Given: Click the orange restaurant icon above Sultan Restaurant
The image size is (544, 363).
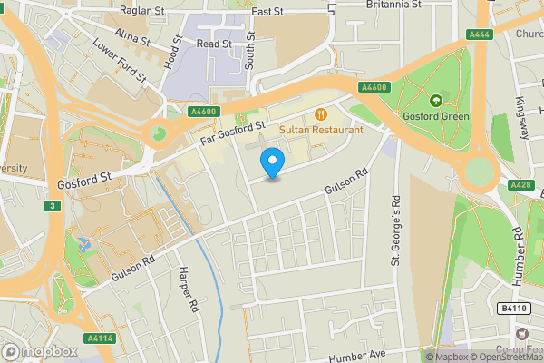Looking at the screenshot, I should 320,113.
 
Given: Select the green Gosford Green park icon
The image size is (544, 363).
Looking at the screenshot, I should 436,100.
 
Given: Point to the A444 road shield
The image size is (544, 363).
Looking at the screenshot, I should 480,34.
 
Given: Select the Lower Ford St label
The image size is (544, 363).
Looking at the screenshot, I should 119,62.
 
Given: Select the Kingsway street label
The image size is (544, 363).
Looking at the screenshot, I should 522,118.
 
